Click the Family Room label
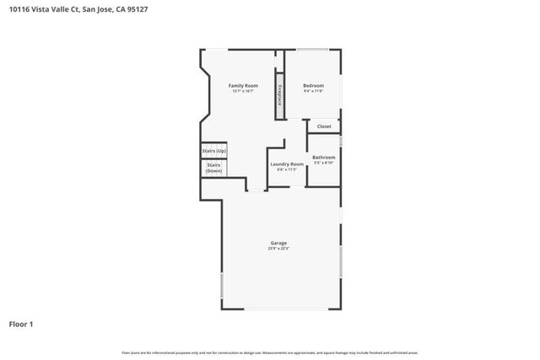tap(243, 85)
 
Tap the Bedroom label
tap(313, 85)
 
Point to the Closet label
tap(324, 126)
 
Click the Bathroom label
tap(324, 157)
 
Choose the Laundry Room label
tap(286, 164)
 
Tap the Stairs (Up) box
tap(213, 151)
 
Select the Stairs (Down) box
tap(213, 168)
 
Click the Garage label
tap(278, 243)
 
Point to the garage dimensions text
tap(278, 249)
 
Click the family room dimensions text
tap(243, 91)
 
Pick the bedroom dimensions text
tap(313, 91)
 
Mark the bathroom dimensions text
tap(324, 163)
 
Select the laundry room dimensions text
tap(287, 169)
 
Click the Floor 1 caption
tap(21, 324)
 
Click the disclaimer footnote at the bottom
tap(270, 352)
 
